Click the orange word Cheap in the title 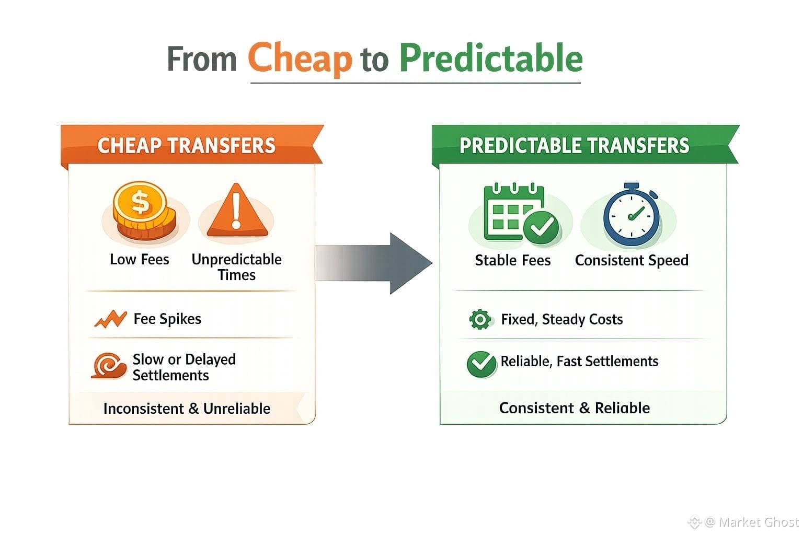point(300,58)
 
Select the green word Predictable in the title point(491,58)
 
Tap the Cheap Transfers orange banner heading point(187,145)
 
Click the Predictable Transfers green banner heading point(575,145)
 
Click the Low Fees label point(140,260)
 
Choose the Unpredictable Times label point(237,267)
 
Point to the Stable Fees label point(513,261)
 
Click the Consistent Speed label point(632,261)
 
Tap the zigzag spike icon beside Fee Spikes point(110,319)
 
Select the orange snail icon point(109,366)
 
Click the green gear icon point(480,319)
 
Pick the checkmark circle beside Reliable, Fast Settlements point(482,364)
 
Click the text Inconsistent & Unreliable point(187,409)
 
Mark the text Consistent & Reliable point(575,408)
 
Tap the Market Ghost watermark point(744,522)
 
